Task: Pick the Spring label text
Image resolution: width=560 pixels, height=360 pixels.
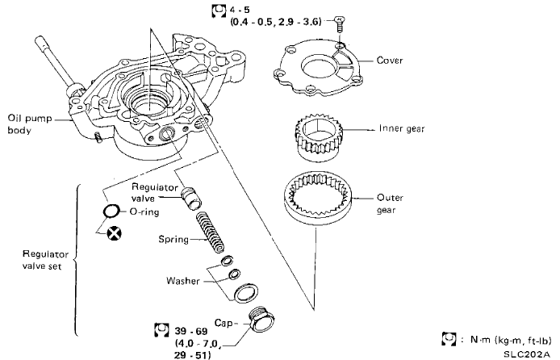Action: [x=173, y=240]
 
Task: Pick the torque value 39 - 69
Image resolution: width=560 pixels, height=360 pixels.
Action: [x=189, y=331]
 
